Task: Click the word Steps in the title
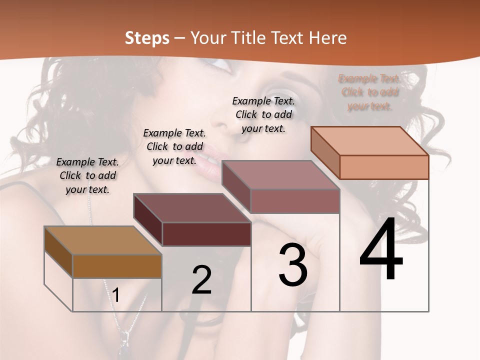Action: click(x=147, y=38)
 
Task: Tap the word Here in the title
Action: click(x=327, y=38)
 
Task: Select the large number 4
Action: click(x=381, y=251)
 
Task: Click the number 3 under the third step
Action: click(x=293, y=265)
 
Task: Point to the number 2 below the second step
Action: click(x=201, y=280)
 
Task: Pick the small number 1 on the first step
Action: click(x=116, y=295)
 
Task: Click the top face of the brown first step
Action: click(x=103, y=240)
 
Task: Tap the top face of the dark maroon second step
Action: click(x=192, y=208)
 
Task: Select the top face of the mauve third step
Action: click(x=280, y=175)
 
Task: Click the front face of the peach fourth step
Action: click(x=384, y=167)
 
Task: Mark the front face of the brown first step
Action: click(x=117, y=266)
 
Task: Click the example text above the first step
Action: click(x=87, y=175)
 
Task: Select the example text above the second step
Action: click(x=174, y=146)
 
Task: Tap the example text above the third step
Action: click(x=263, y=114)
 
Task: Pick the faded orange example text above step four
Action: click(x=369, y=92)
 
